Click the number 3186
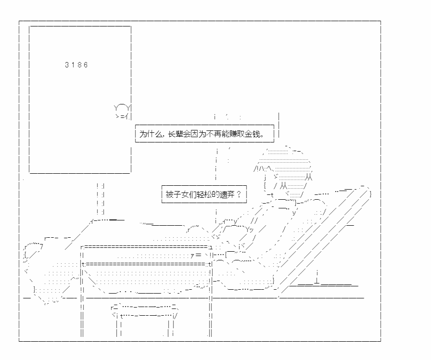(x=76, y=65)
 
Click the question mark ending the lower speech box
(x=239, y=194)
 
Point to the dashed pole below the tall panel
(x=101, y=200)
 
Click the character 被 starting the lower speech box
(x=169, y=194)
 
